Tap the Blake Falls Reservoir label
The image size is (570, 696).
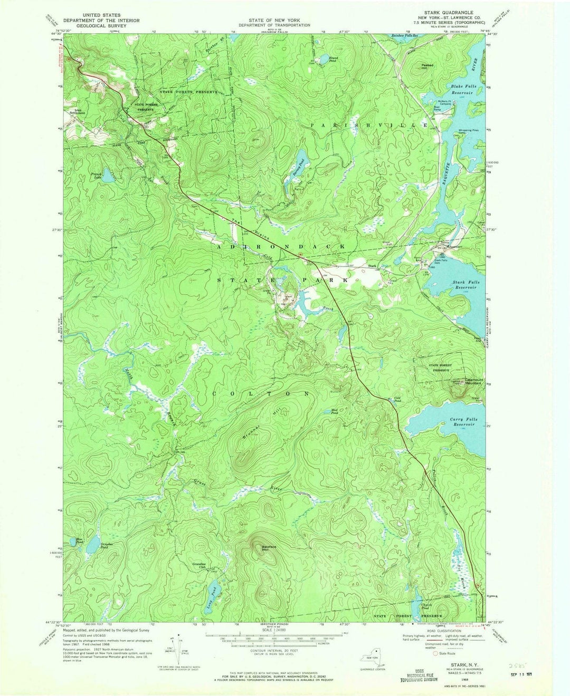tap(463, 89)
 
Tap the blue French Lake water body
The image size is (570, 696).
tap(107, 176)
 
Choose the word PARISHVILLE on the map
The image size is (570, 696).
tap(369, 125)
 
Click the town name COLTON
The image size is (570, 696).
tap(261, 394)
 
